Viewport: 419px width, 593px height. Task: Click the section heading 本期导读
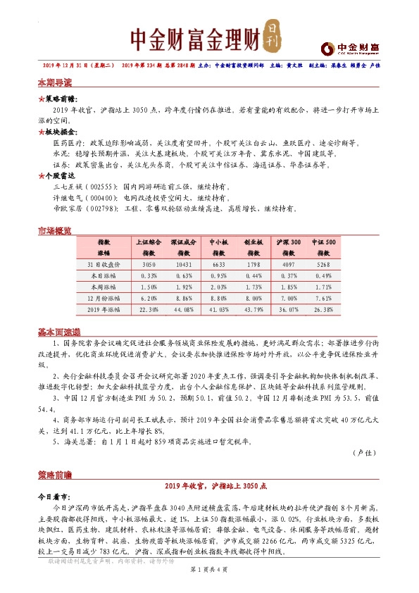click(54, 82)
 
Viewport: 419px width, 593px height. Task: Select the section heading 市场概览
click(54, 231)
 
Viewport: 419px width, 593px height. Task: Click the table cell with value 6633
click(217, 264)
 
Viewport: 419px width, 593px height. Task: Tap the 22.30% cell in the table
click(149, 309)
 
